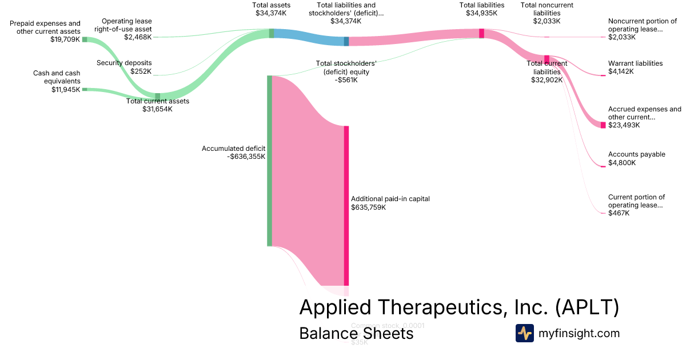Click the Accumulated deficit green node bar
pyautogui.click(x=269, y=161)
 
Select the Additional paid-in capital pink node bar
pyautogui.click(x=346, y=206)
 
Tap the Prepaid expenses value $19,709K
pyautogui.click(x=65, y=39)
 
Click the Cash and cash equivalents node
pyautogui.click(x=85, y=89)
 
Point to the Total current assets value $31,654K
pyautogui.click(x=157, y=109)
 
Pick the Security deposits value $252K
pyautogui.click(x=140, y=71)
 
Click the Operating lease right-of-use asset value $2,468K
pyautogui.click(x=138, y=37)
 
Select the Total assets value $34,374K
pyautogui.click(x=271, y=13)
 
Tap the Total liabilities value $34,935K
pyautogui.click(x=481, y=13)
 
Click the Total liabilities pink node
pyautogui.click(x=481, y=33)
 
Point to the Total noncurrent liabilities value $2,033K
pyautogui.click(x=547, y=21)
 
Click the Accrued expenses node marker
pyautogui.click(x=603, y=125)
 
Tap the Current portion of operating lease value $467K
pyautogui.click(x=619, y=213)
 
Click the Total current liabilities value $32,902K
pyautogui.click(x=547, y=80)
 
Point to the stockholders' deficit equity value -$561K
pyautogui.click(x=346, y=80)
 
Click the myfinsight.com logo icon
pyautogui.click(x=525, y=333)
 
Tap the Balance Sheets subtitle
pyautogui.click(x=356, y=333)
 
